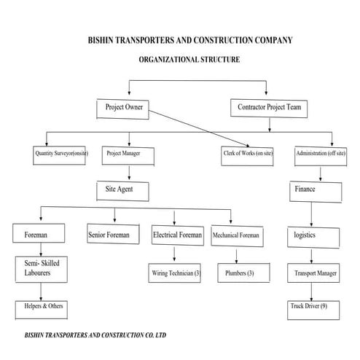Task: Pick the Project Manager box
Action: [130, 154]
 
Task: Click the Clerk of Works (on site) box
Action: [248, 154]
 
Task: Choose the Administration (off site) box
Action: [321, 154]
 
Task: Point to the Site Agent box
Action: [125, 190]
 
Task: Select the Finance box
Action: [315, 190]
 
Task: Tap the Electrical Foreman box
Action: [177, 235]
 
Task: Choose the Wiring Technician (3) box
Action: [176, 273]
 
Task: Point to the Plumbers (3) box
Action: [238, 273]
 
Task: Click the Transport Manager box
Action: [315, 273]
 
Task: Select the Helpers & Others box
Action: [42, 307]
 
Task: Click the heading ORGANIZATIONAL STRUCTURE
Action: [184, 59]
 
